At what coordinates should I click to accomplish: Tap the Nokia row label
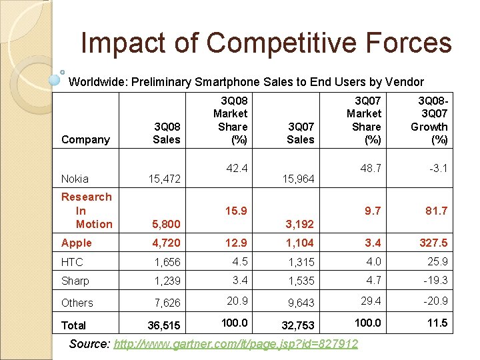75,179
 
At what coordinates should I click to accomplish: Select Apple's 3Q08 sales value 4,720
166,243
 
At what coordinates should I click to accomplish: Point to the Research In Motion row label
86,210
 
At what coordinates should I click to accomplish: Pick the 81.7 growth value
435,211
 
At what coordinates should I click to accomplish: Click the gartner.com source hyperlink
236,344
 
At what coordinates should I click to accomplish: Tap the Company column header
85,139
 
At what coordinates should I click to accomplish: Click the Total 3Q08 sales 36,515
163,325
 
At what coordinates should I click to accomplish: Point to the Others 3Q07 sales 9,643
300,303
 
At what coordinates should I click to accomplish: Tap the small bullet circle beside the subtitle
62,71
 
